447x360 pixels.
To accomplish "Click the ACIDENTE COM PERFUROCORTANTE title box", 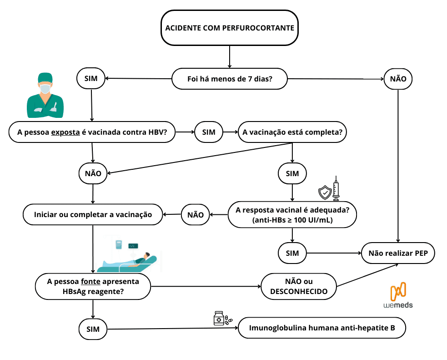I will pyautogui.click(x=229, y=28).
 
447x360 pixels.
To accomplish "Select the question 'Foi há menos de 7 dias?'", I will pyautogui.click(x=230, y=79).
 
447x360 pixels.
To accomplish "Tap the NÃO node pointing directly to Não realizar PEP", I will pyautogui.click(x=398, y=79).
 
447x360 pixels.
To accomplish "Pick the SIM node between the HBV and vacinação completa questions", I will pyautogui.click(x=209, y=132).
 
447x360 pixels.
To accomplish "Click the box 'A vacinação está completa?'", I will pyautogui.click(x=292, y=132).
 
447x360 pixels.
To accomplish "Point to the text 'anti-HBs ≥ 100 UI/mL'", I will pyautogui.click(x=292, y=220).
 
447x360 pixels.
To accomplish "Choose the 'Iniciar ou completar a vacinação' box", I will pyautogui.click(x=93, y=214).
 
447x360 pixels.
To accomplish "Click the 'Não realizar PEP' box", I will pyautogui.click(x=398, y=254).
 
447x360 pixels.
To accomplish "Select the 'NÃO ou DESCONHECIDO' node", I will pyautogui.click(x=298, y=287).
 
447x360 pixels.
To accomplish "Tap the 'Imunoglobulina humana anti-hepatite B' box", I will pyautogui.click(x=321, y=328).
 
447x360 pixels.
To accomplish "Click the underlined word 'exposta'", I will pyautogui.click(x=66, y=133).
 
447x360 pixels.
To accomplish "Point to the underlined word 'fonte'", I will pyautogui.click(x=90, y=281).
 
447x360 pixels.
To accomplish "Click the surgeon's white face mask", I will pyautogui.click(x=45, y=89).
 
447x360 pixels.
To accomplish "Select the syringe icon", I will pyautogui.click(x=336, y=188).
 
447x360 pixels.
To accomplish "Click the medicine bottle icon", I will pyautogui.click(x=219, y=319).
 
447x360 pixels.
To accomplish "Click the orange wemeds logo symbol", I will pyautogui.click(x=398, y=291).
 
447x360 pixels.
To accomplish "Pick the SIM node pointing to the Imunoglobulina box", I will pyautogui.click(x=93, y=329).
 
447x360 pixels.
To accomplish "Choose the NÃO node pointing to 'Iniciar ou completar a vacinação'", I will pyautogui.click(x=196, y=214).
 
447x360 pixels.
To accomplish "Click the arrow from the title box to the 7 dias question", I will pyautogui.click(x=229, y=57).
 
